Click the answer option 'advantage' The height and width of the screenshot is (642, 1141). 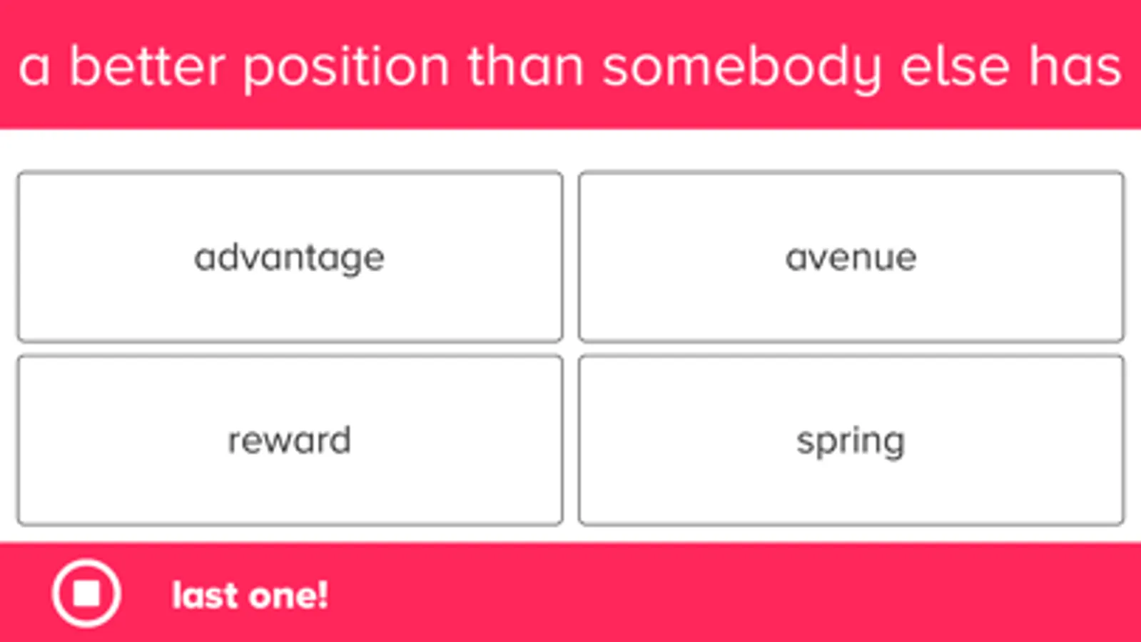coord(290,257)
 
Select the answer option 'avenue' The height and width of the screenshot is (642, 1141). coord(851,257)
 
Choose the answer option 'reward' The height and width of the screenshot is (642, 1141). coord(290,440)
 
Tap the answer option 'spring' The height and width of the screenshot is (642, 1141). coord(851,440)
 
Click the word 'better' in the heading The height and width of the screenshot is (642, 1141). coord(147,66)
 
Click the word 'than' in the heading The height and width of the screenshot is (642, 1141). coord(526,66)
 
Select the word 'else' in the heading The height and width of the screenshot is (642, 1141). coord(955,66)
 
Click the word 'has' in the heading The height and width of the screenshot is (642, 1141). coord(1075,66)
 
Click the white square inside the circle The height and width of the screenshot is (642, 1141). coord(86,593)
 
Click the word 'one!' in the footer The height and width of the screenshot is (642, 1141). coord(289,595)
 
